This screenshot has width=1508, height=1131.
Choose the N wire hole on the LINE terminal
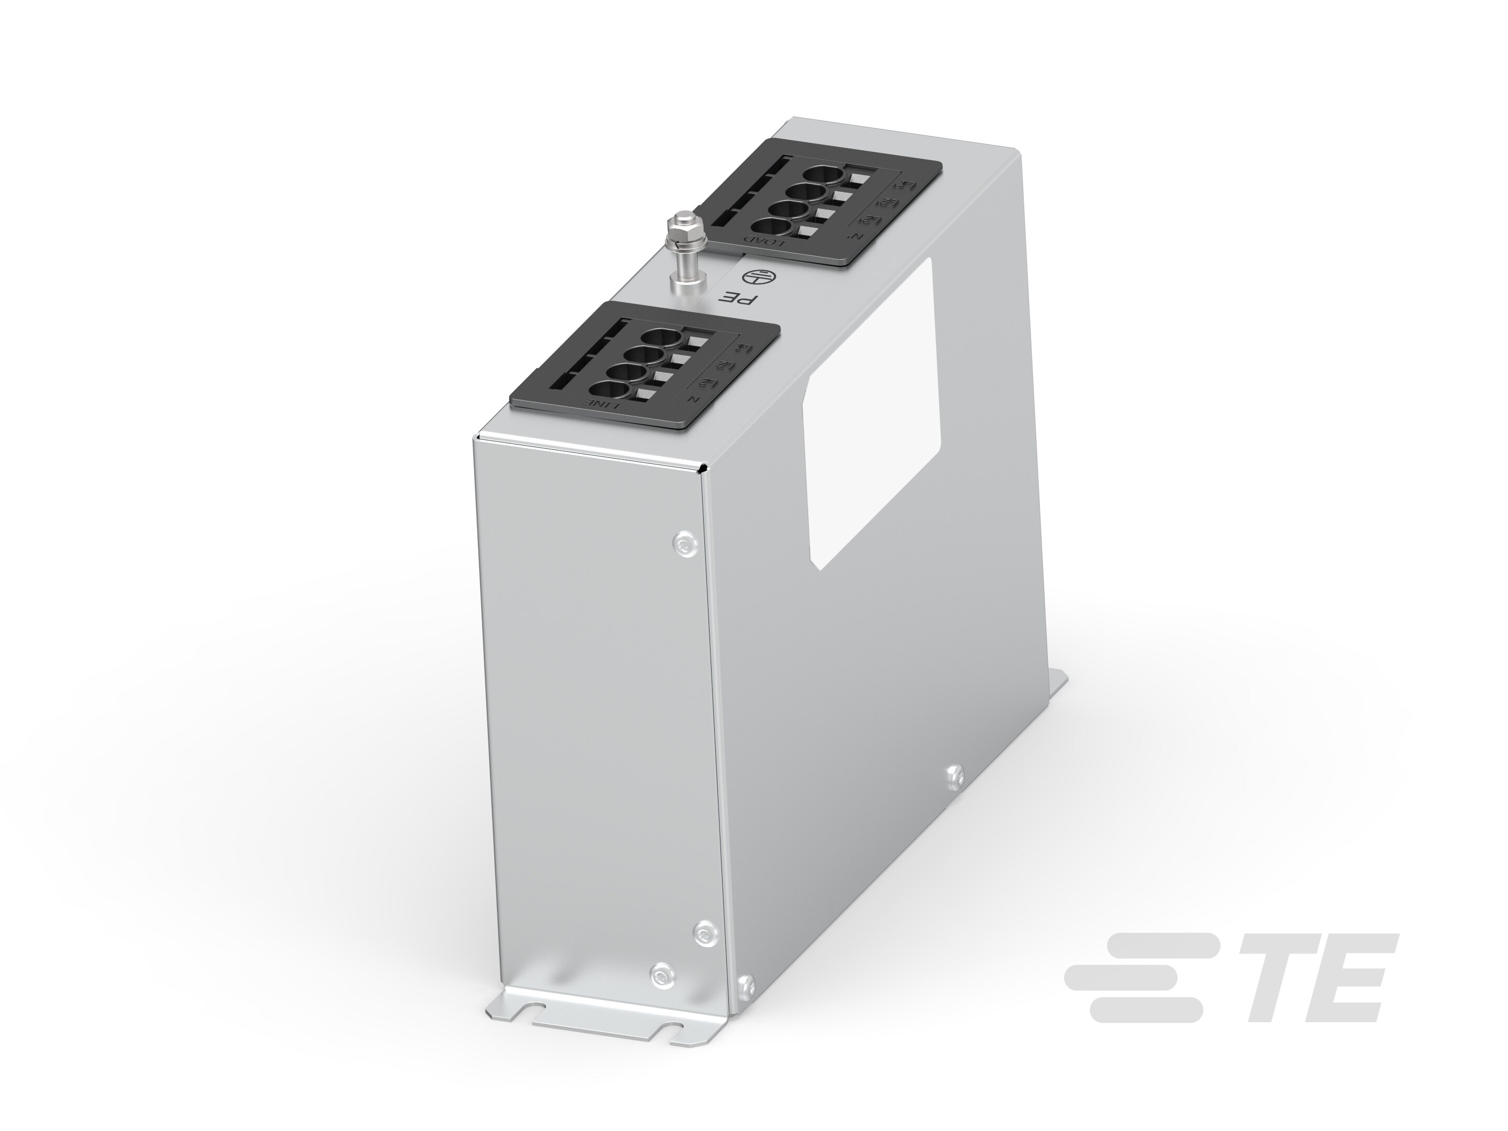tap(605, 391)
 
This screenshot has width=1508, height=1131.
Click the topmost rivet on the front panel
tap(684, 542)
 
